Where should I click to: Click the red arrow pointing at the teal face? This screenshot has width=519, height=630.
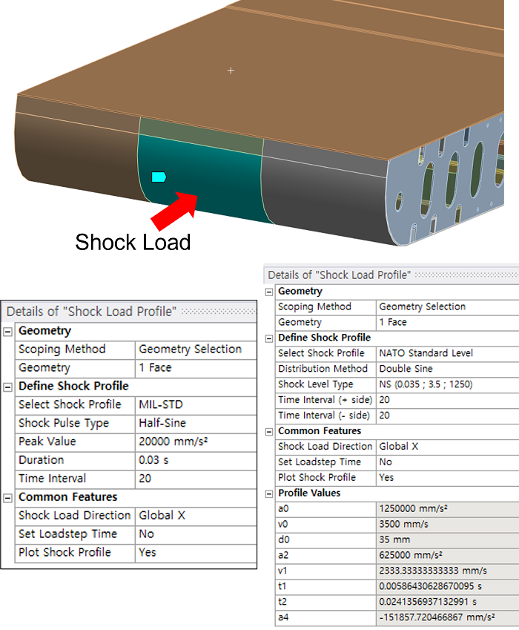174,211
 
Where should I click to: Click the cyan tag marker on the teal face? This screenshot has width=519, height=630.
159,177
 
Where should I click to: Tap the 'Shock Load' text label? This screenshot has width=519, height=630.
133,242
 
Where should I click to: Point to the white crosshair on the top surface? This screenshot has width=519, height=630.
231,70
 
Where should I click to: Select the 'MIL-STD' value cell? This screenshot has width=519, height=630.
161,404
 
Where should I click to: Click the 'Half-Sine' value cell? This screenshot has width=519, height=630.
162,423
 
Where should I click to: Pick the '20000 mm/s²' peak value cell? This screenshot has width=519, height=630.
173,442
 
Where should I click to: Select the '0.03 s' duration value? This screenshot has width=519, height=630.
153,459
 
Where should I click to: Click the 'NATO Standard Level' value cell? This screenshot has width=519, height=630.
426,353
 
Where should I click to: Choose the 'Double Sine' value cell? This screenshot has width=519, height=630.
406,369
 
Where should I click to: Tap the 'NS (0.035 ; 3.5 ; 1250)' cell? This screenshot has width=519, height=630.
426,384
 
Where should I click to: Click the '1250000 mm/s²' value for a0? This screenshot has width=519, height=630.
414,508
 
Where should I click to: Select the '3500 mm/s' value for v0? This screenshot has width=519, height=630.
404,525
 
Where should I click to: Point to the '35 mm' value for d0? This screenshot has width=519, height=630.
394,539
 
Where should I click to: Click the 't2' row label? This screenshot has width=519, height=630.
282,602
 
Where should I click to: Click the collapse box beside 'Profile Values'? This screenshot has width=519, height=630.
269,493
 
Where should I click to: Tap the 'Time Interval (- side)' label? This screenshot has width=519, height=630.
324,416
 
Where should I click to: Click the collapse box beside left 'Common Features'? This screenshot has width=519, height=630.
7,498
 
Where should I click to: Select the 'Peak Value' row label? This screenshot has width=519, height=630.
47,442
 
